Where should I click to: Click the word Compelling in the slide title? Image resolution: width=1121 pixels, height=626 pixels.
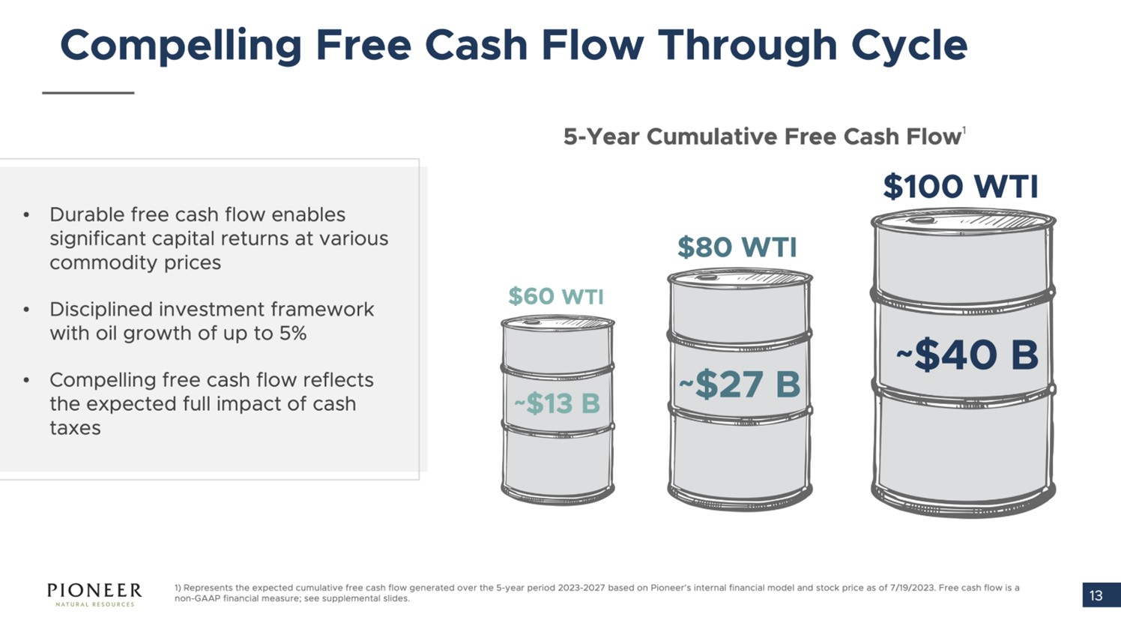(181, 46)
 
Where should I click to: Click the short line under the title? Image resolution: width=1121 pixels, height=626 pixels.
(88, 93)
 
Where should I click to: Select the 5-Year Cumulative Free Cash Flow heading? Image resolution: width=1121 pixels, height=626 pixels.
(762, 136)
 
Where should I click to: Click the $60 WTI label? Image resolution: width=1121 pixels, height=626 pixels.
(555, 296)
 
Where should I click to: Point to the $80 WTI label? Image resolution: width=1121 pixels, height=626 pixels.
(737, 247)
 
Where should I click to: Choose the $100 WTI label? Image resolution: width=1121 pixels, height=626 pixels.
(961, 187)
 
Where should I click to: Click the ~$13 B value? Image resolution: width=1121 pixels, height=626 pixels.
(557, 403)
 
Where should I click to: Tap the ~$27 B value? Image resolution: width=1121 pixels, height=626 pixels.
(740, 385)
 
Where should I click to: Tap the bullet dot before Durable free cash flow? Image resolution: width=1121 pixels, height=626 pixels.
(26, 215)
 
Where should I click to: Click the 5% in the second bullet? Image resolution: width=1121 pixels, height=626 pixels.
(292, 334)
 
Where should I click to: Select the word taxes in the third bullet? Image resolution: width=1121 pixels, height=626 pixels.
(75, 428)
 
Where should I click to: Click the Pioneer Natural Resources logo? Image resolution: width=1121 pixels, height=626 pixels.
(94, 594)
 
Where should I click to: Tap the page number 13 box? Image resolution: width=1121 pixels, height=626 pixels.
(1096, 595)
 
